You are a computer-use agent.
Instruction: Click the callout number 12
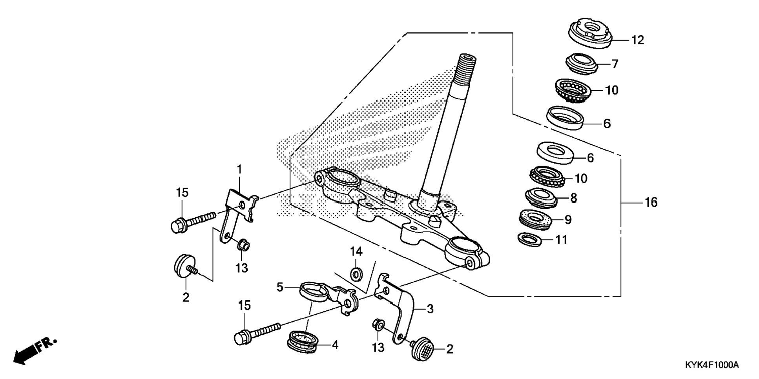[638, 40]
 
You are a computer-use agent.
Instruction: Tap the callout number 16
[651, 202]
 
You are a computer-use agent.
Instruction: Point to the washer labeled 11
[530, 239]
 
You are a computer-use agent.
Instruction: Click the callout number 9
[568, 220]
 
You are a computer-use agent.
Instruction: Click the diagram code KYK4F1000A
[712, 365]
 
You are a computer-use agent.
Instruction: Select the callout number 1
[239, 169]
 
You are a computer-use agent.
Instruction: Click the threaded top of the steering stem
[467, 63]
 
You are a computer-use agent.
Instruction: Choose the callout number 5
[279, 287]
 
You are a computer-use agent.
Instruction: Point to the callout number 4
[335, 345]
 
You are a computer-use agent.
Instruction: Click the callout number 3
[430, 309]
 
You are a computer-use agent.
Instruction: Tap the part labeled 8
[540, 199]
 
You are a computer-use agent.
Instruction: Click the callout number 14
[356, 251]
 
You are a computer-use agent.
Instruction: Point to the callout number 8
[573, 198]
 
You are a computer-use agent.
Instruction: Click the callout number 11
[562, 239]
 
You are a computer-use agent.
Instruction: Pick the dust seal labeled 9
[535, 219]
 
